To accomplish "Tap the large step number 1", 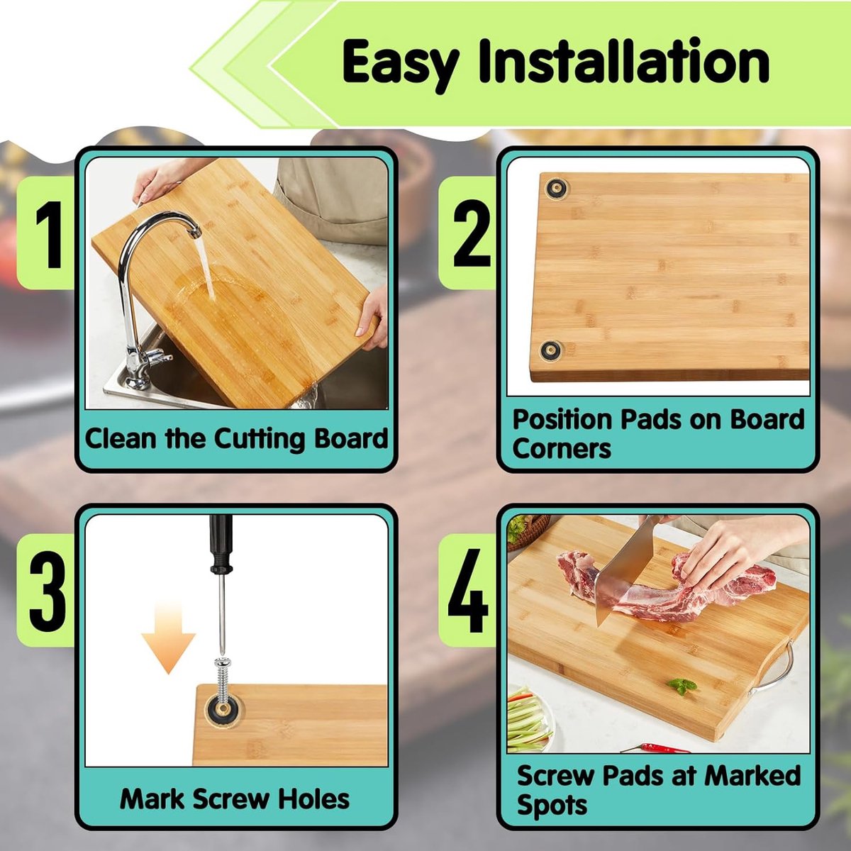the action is pos(49,235).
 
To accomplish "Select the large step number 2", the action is pos(471,233).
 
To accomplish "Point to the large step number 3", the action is pos(48,591).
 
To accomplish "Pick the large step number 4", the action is pos(468,591).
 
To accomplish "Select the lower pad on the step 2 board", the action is pos(551,351).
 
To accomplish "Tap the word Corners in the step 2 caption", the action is pos(562,449).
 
